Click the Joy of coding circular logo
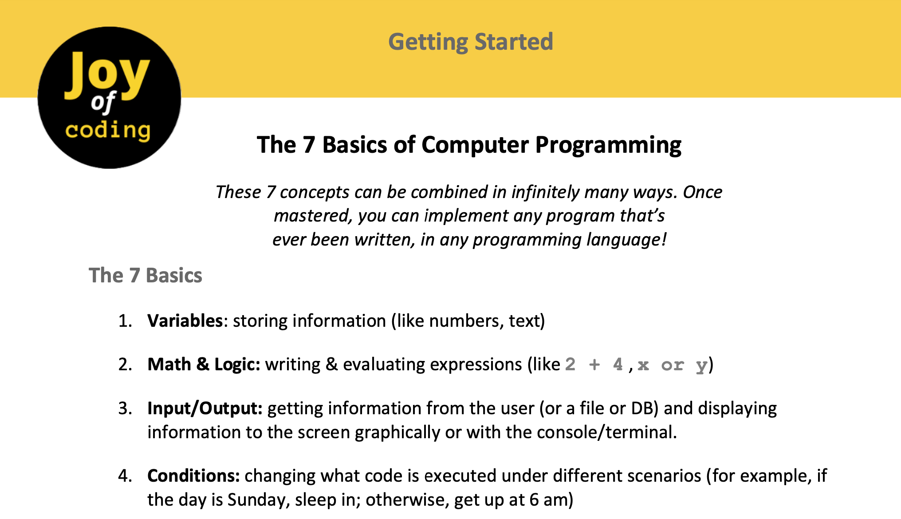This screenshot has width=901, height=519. click(x=110, y=98)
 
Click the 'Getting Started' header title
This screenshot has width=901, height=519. click(x=471, y=43)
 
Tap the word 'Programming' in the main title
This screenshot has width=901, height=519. click(x=608, y=146)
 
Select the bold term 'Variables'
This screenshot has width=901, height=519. click(x=185, y=321)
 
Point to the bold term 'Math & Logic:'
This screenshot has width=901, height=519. click(x=204, y=364)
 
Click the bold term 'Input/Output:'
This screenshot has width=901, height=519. click(x=205, y=408)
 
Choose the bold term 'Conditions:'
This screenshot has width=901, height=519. click(x=193, y=475)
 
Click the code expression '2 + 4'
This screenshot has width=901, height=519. click(x=594, y=364)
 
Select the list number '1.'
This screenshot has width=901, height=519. click(x=126, y=321)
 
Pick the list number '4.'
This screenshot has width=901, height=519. click(x=126, y=476)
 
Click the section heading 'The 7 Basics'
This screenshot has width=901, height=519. click(x=146, y=275)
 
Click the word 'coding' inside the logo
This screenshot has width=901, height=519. click(x=108, y=131)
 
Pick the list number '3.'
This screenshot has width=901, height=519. click(x=126, y=408)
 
